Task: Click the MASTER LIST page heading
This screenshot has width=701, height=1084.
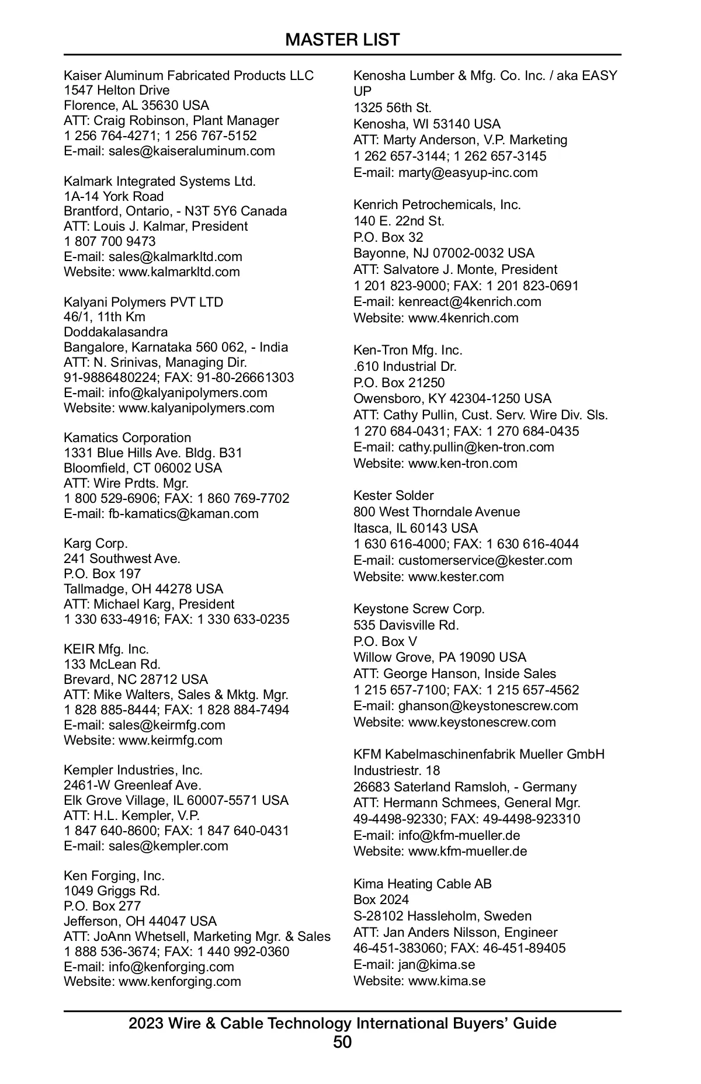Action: click(x=342, y=40)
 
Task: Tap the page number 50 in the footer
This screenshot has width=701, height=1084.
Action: click(x=342, y=1043)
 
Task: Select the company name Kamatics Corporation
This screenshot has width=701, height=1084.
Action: click(x=127, y=438)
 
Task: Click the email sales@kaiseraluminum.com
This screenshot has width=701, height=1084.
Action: click(x=192, y=151)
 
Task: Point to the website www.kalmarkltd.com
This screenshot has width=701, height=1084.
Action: click(x=179, y=272)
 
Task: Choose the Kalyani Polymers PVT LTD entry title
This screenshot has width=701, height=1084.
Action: click(x=143, y=303)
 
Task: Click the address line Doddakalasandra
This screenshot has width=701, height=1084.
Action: click(x=116, y=332)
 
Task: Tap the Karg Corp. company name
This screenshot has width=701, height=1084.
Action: click(x=96, y=544)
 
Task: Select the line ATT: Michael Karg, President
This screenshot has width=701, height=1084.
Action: click(x=149, y=604)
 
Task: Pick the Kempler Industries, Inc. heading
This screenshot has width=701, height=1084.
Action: click(x=133, y=770)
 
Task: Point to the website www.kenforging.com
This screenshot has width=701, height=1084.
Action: click(x=180, y=982)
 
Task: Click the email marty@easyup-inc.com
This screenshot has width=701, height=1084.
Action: click(x=468, y=173)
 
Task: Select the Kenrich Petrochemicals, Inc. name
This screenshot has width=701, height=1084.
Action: click(x=437, y=205)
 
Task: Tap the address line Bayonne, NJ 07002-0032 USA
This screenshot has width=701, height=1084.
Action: click(x=443, y=253)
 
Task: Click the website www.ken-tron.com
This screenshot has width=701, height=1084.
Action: click(x=463, y=464)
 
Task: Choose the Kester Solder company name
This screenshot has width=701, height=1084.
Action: click(x=394, y=496)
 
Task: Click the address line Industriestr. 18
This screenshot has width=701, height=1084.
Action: click(x=397, y=771)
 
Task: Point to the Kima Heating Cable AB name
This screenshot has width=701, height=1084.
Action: click(x=422, y=884)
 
